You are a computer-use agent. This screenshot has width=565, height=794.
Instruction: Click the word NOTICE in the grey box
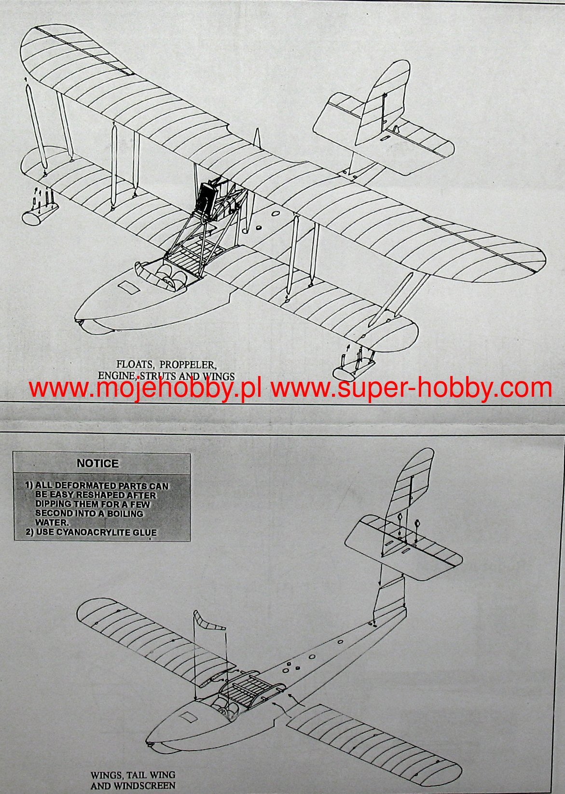[x=97, y=463]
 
